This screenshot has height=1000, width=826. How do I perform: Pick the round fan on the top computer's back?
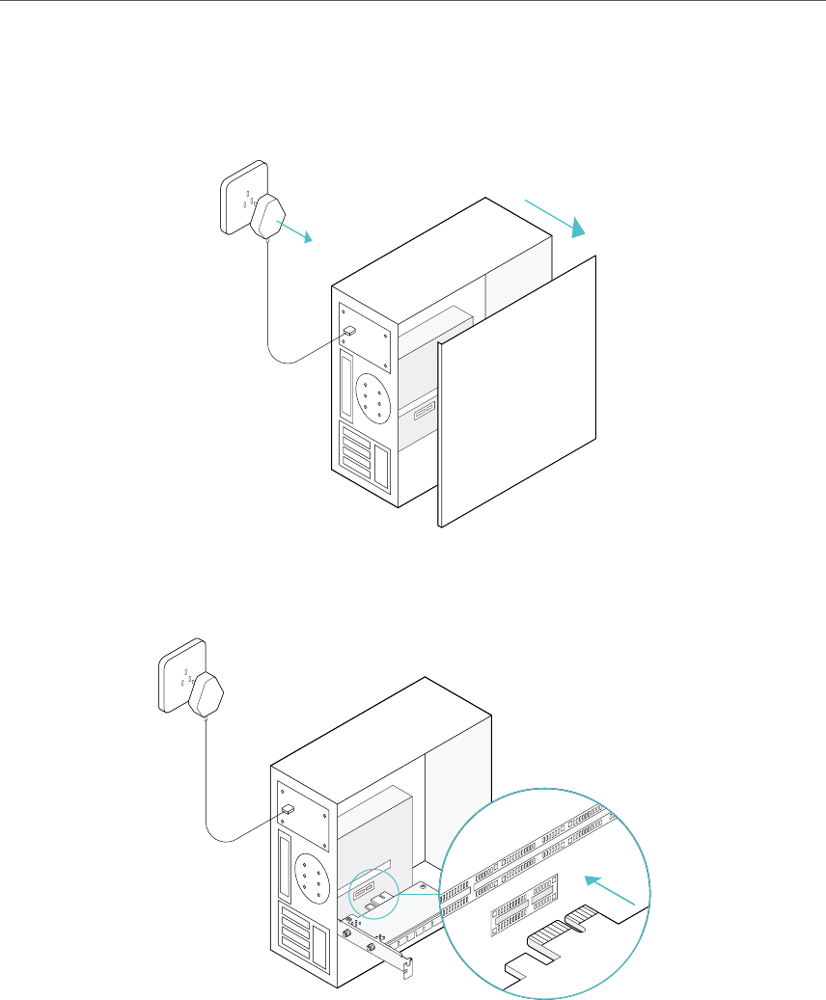[x=372, y=396]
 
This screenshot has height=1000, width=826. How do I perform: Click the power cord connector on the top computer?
[x=350, y=331]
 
